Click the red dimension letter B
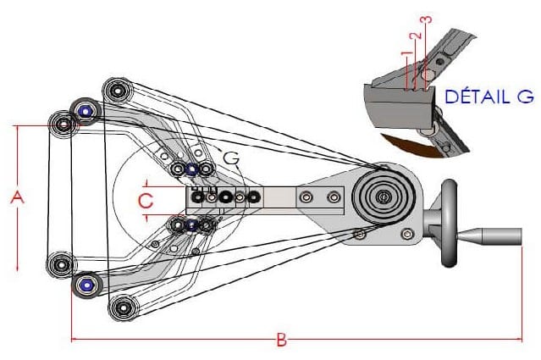[282, 341]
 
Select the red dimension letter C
[145, 201]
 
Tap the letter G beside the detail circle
[229, 158]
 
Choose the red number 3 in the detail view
[426, 19]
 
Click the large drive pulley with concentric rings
[384, 197]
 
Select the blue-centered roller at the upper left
[85, 110]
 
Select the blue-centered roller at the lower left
[86, 285]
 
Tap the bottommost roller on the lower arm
[124, 307]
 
